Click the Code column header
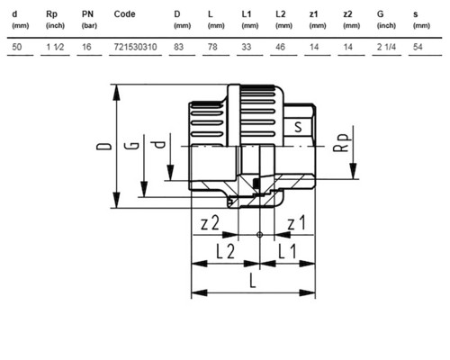click(x=124, y=14)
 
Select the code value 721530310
click(x=135, y=47)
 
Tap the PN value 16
click(x=86, y=47)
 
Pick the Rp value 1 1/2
click(x=55, y=47)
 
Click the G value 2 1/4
click(x=386, y=47)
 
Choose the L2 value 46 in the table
click(x=280, y=47)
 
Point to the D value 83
click(x=178, y=47)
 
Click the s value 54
click(x=418, y=47)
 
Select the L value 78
click(x=212, y=47)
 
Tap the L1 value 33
click(x=247, y=47)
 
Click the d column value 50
click(x=17, y=47)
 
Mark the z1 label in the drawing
click(x=296, y=223)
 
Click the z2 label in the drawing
click(x=210, y=223)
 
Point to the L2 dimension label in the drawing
click(x=226, y=251)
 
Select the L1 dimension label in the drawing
click(x=287, y=251)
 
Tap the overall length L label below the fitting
click(x=253, y=281)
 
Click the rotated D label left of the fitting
click(x=103, y=147)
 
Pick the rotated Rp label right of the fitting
click(x=342, y=142)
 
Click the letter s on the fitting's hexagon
click(x=298, y=127)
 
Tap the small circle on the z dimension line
click(x=260, y=235)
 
